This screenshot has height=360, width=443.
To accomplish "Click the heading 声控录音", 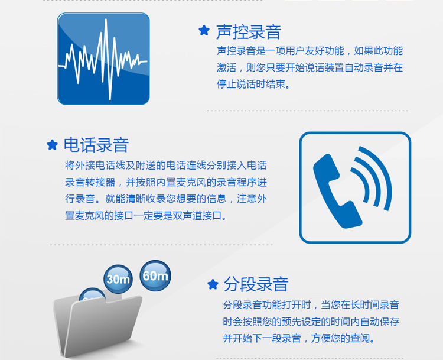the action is click(x=249, y=32).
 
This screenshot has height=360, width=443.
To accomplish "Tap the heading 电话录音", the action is click(x=96, y=145).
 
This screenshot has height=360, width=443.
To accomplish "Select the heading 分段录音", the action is click(x=256, y=284).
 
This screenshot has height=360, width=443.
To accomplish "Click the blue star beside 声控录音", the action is click(x=204, y=30).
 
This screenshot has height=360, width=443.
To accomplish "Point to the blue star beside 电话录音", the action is click(x=52, y=144).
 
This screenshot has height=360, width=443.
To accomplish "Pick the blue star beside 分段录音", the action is click(x=213, y=284).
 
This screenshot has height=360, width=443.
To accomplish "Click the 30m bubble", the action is click(x=118, y=279).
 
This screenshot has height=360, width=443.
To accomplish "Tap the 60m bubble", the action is click(x=155, y=275).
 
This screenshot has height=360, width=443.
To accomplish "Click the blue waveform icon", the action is click(x=103, y=59).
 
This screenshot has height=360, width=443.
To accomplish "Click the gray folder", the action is click(x=97, y=325).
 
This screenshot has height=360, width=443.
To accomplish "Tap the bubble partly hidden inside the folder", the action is click(x=92, y=294).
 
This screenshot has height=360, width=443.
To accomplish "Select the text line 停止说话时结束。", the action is click(x=253, y=84).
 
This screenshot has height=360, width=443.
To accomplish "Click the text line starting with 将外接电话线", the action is click(x=166, y=165).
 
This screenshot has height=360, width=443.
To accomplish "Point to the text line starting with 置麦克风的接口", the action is click(x=146, y=216).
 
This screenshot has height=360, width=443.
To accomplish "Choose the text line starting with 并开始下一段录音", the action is click(x=299, y=338).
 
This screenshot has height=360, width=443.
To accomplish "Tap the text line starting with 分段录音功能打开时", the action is click(x=311, y=304).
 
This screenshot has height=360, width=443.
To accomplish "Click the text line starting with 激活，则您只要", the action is click(x=310, y=67).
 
